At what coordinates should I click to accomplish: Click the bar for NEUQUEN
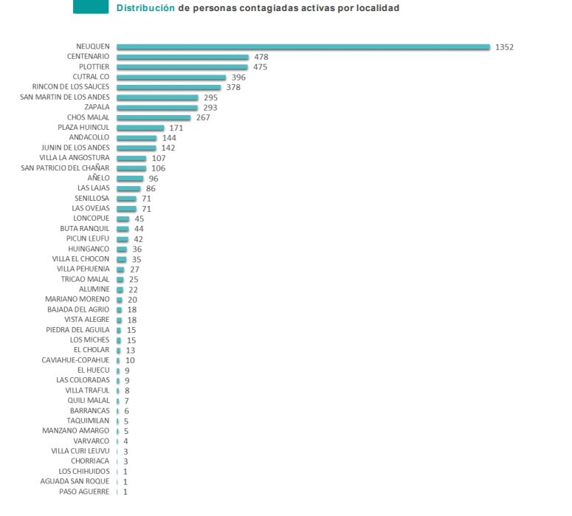coord(303,47)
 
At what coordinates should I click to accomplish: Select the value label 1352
coord(504,47)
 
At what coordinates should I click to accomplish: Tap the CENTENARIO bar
coord(182,57)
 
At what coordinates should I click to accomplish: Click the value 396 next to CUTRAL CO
coord(238,77)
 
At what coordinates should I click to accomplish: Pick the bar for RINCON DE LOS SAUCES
coord(168,87)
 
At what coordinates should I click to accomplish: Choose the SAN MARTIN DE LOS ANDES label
coord(64,97)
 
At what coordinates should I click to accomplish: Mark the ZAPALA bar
coord(157,107)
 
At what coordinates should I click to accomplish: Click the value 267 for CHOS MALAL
coord(204,117)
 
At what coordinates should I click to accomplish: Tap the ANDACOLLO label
coord(89,137)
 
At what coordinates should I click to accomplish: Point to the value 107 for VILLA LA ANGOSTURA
coord(159,158)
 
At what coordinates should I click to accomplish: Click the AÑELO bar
coord(130,179)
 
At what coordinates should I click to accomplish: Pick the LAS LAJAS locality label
coord(93,188)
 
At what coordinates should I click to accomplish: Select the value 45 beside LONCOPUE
coord(139,219)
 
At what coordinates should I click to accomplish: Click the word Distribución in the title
coord(145,9)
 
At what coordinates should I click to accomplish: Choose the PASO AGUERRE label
coord(84,492)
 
